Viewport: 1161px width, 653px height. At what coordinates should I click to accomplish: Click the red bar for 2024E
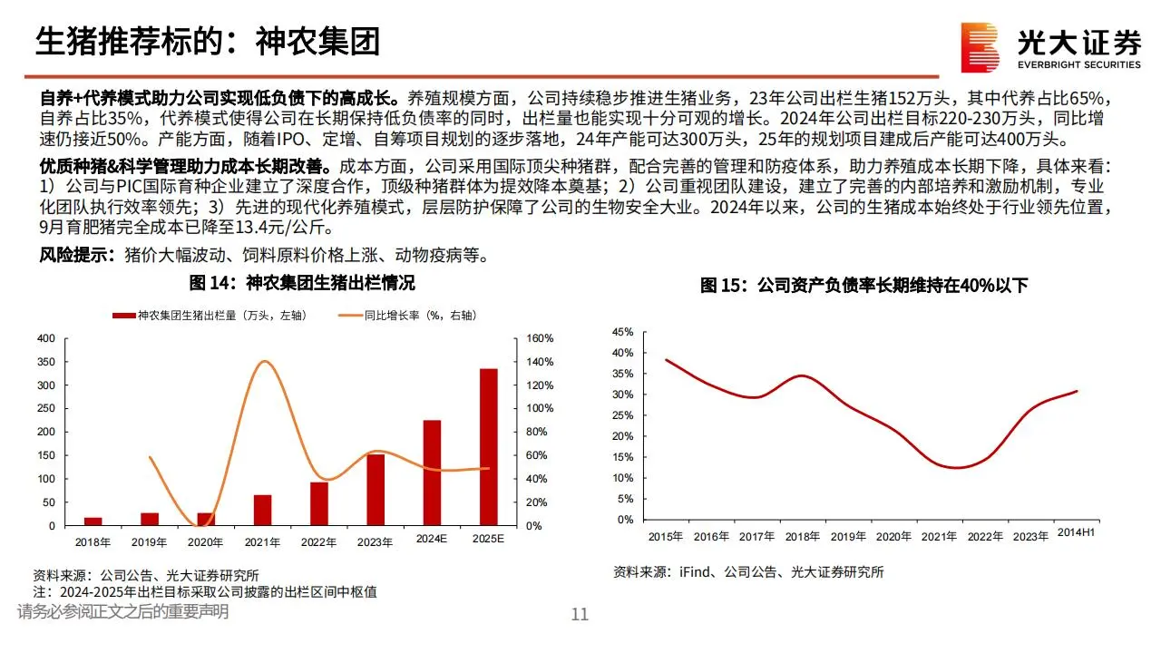coord(432,473)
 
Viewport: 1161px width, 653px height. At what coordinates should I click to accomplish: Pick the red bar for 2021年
coord(262,510)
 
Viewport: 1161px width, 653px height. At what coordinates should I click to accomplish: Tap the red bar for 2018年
coord(93,521)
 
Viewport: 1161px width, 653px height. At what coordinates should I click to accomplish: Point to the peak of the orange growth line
coord(264,362)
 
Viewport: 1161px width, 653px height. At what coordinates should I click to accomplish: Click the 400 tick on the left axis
coord(45,339)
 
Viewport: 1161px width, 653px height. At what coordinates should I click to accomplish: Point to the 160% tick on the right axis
coord(540,339)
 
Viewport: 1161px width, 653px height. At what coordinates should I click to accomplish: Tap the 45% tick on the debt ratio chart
coord(622,332)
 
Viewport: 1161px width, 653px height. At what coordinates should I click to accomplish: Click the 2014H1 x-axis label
coord(1076,533)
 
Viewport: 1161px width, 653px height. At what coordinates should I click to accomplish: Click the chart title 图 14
coord(301,283)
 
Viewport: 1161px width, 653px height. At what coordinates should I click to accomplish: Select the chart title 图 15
coord(863,286)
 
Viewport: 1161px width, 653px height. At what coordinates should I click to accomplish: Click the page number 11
coord(580,615)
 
